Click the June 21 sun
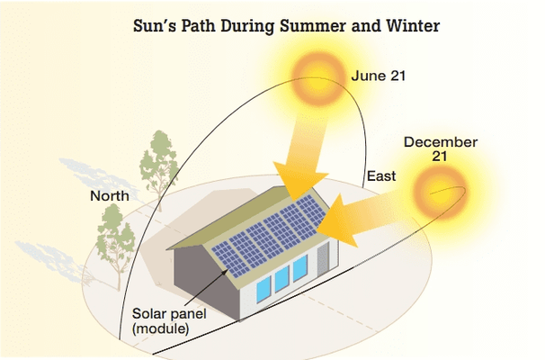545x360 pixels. pos(318,78)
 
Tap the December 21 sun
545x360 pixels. pos(440,192)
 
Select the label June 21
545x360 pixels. pos(379,76)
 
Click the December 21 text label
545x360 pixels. pos(441,148)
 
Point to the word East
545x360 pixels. pos(381,176)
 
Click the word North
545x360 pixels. pos(110,196)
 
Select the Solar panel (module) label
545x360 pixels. pos(169,321)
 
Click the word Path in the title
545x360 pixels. pos(198,26)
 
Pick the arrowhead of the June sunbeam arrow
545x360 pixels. pos(300,180)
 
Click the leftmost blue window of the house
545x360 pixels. pos(264,289)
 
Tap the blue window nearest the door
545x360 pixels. pos(300,268)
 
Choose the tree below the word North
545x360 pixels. pos(115,244)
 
